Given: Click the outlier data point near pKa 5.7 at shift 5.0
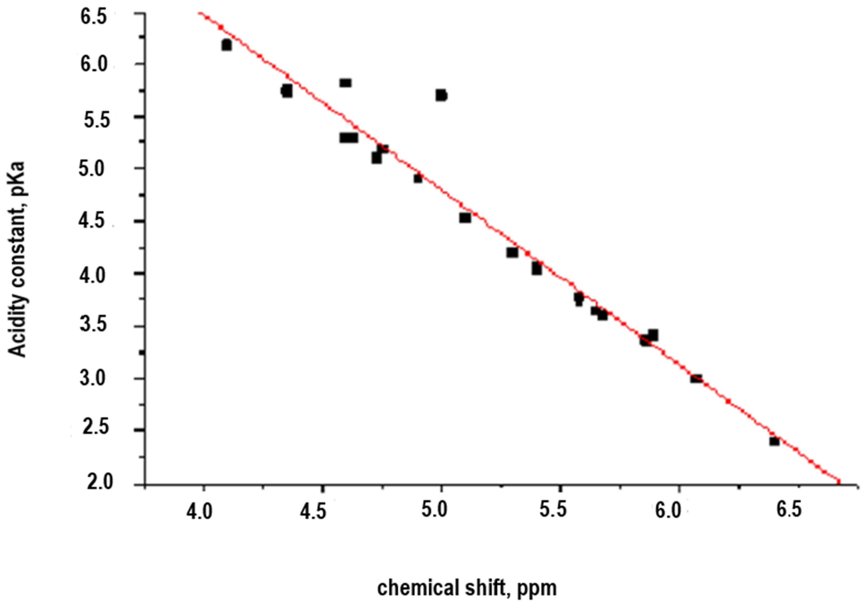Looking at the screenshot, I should tap(442, 95).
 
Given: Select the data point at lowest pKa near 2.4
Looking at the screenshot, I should tap(774, 441).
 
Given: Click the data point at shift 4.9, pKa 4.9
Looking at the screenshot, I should tap(418, 178).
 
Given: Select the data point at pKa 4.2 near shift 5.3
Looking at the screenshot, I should tap(512, 252).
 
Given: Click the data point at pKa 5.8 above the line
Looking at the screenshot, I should tap(346, 83).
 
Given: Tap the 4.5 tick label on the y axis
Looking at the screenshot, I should tap(92, 221).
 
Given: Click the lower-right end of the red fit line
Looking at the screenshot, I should tap(838, 481).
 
